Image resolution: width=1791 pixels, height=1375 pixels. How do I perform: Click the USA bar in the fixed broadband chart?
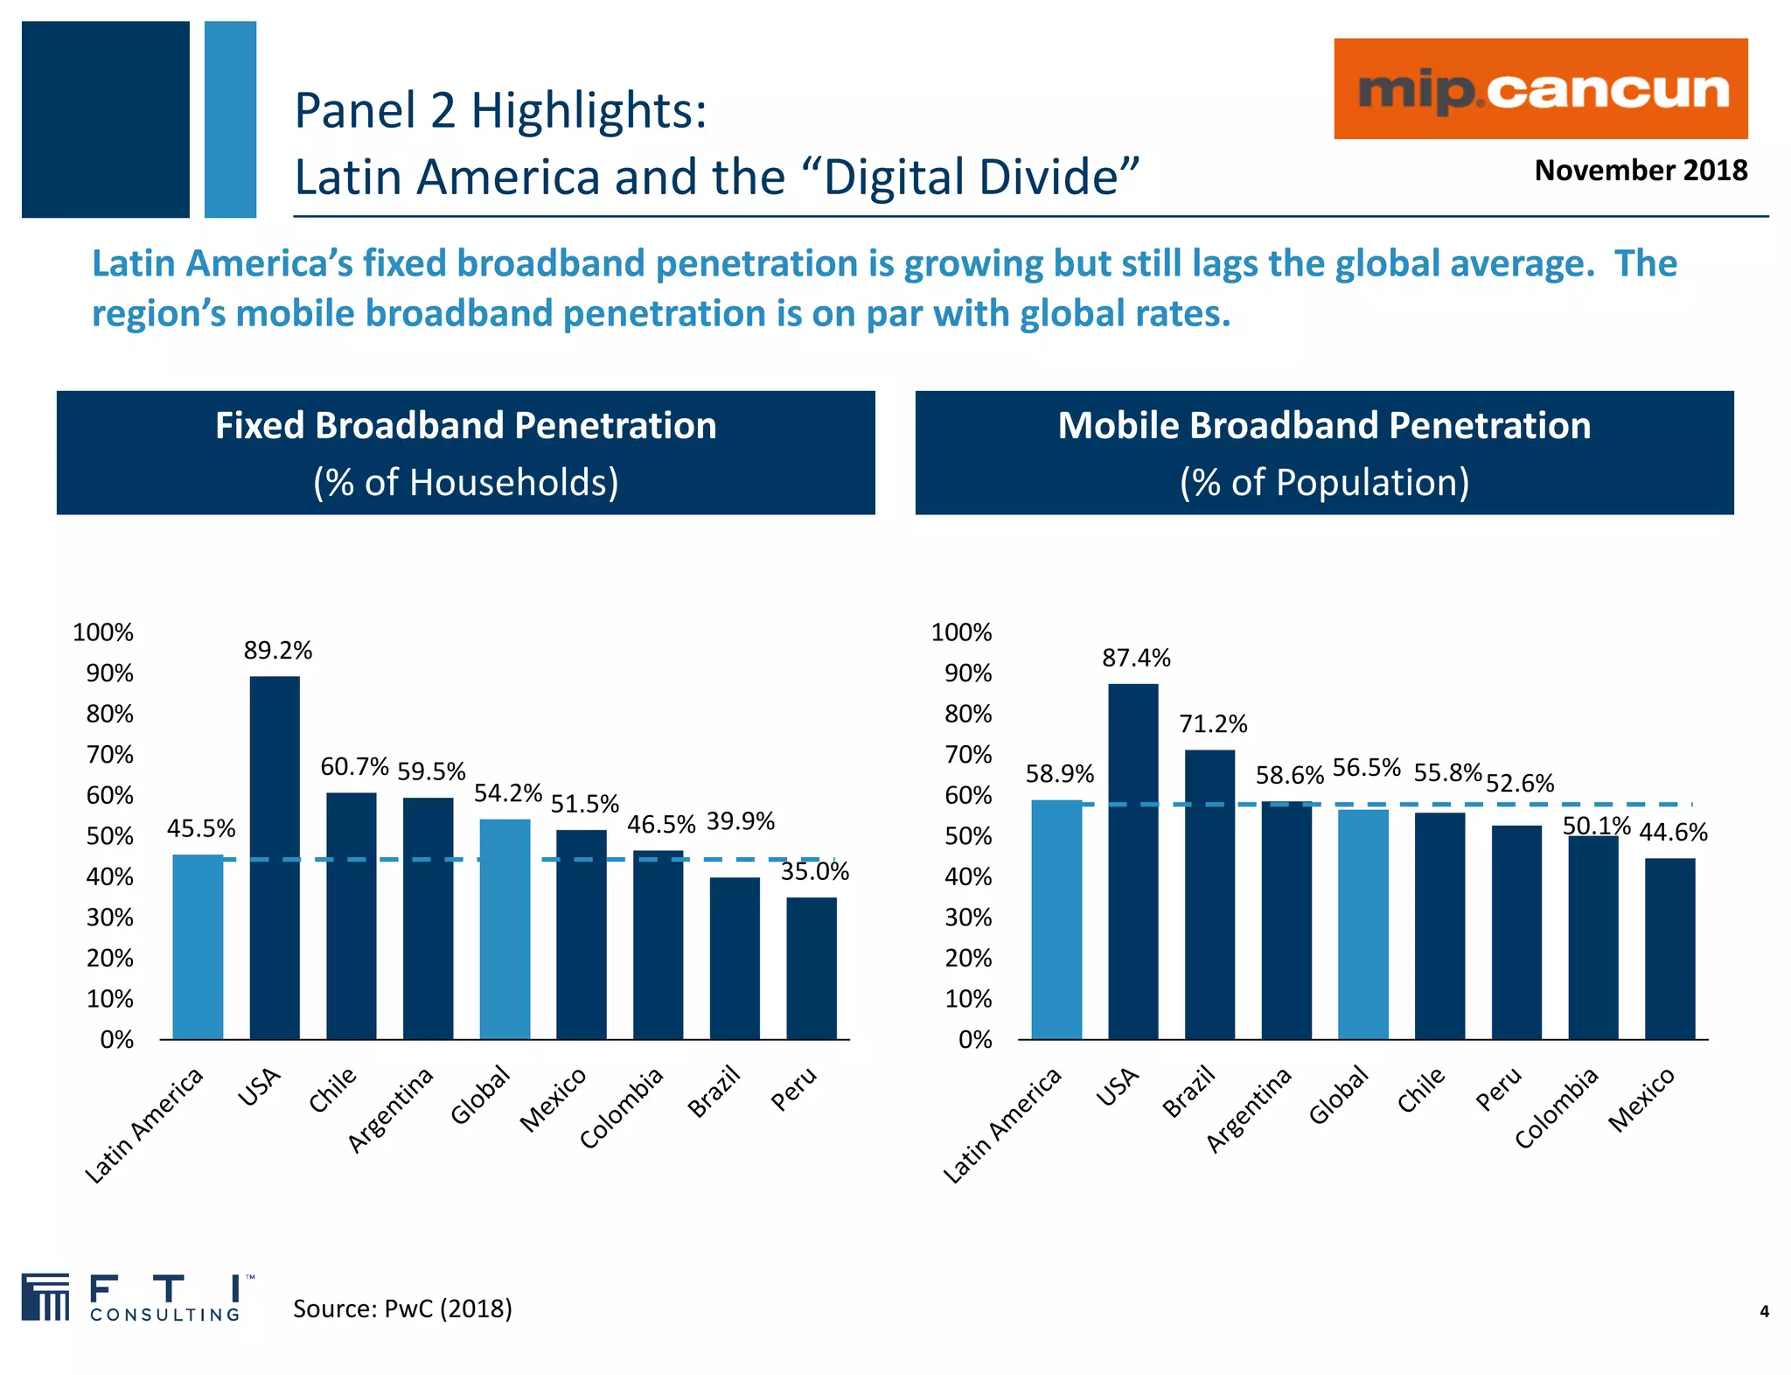point(275,857)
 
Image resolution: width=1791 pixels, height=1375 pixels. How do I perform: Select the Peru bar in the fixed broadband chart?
point(811,968)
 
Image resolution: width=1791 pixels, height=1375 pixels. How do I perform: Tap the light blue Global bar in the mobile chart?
point(1362,925)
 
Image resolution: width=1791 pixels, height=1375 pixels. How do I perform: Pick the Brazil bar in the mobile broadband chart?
point(1209,894)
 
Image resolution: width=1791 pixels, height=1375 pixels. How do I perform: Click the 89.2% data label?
point(277,651)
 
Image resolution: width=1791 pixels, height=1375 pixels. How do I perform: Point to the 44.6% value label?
point(1672,832)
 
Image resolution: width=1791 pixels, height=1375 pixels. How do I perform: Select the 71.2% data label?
point(1213,724)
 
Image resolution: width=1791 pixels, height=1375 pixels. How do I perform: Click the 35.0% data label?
point(814,871)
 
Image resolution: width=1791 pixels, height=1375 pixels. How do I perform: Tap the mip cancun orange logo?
point(1540,89)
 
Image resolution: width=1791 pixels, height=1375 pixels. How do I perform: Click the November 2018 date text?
point(1640,170)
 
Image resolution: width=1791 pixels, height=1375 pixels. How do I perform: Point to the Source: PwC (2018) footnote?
point(402,1309)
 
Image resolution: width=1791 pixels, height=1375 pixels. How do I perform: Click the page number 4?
point(1764,1311)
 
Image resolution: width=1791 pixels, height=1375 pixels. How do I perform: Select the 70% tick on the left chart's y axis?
point(109,755)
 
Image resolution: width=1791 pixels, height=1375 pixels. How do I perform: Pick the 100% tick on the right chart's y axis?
point(961,632)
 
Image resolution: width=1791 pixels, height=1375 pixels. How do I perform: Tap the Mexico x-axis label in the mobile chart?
point(1642,1099)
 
